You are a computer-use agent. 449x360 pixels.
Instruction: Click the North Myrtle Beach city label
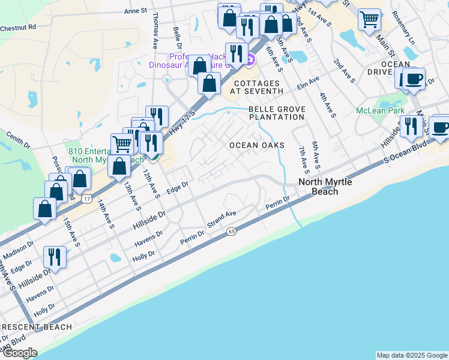(x=324, y=187)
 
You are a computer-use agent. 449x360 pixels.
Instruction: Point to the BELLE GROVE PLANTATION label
(x=277, y=113)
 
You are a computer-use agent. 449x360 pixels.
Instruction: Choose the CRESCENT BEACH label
(x=36, y=327)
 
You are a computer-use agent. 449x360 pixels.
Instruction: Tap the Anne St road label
(x=135, y=11)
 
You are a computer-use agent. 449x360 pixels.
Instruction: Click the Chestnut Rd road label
(x=19, y=27)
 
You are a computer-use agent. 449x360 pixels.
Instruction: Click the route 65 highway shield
(x=231, y=232)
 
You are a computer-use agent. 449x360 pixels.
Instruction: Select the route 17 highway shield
(x=88, y=198)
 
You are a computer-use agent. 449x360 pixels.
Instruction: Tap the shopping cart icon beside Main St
(x=369, y=19)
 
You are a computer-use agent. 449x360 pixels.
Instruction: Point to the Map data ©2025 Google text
(x=411, y=355)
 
